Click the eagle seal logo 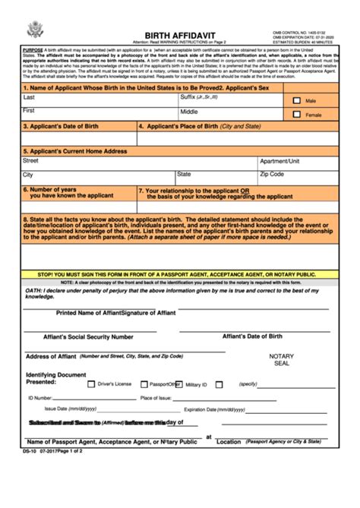33,31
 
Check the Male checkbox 296,99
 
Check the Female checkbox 296,115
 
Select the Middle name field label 189,112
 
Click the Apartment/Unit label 279,161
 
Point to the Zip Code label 271,174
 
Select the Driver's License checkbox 92,384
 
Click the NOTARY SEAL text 281,359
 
